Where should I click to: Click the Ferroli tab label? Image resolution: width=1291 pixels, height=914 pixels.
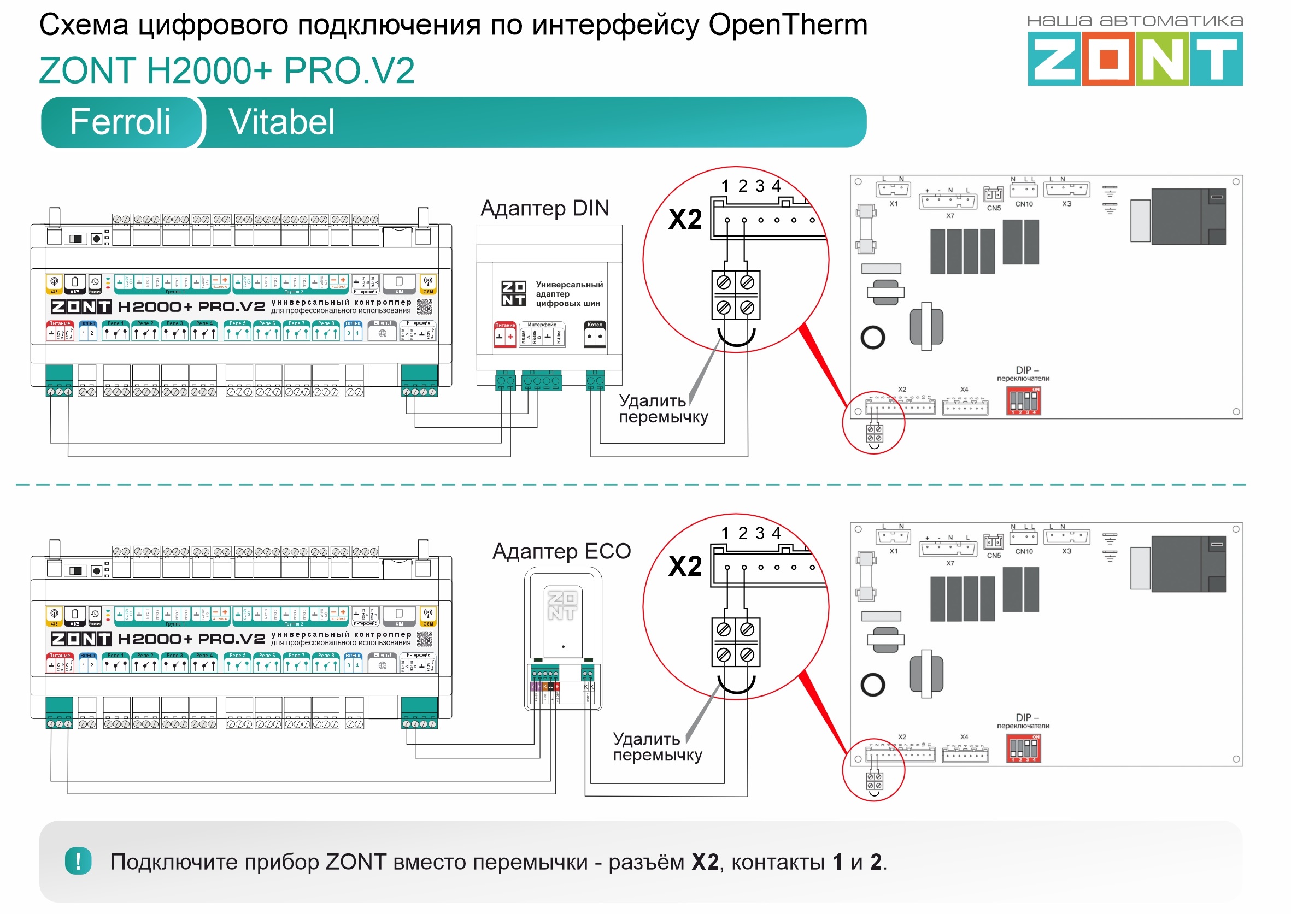tap(120, 122)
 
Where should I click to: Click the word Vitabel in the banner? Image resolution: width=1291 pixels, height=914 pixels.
tap(281, 122)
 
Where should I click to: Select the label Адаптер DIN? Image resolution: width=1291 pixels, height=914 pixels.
tap(544, 208)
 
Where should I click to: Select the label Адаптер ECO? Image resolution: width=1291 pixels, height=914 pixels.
tap(561, 551)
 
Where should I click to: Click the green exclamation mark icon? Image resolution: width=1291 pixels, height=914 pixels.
tap(78, 860)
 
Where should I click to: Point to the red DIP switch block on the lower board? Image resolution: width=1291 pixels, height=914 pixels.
tap(1023, 748)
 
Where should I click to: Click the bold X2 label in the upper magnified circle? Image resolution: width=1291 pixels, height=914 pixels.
tap(685, 219)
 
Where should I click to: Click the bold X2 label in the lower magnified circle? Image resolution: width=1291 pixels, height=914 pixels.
tap(685, 565)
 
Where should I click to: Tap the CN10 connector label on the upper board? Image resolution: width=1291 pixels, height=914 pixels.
tap(1024, 204)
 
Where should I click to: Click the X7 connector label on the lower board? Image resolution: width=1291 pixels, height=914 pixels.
tap(950, 563)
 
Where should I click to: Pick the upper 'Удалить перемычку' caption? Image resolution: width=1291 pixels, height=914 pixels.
tap(662, 409)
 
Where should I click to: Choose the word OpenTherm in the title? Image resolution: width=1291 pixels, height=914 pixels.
tap(787, 25)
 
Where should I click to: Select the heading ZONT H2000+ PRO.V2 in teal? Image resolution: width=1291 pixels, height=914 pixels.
tap(226, 71)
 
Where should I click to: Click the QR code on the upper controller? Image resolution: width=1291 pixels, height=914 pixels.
tap(425, 306)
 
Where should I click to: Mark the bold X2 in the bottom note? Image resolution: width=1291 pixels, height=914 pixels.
tap(705, 862)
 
